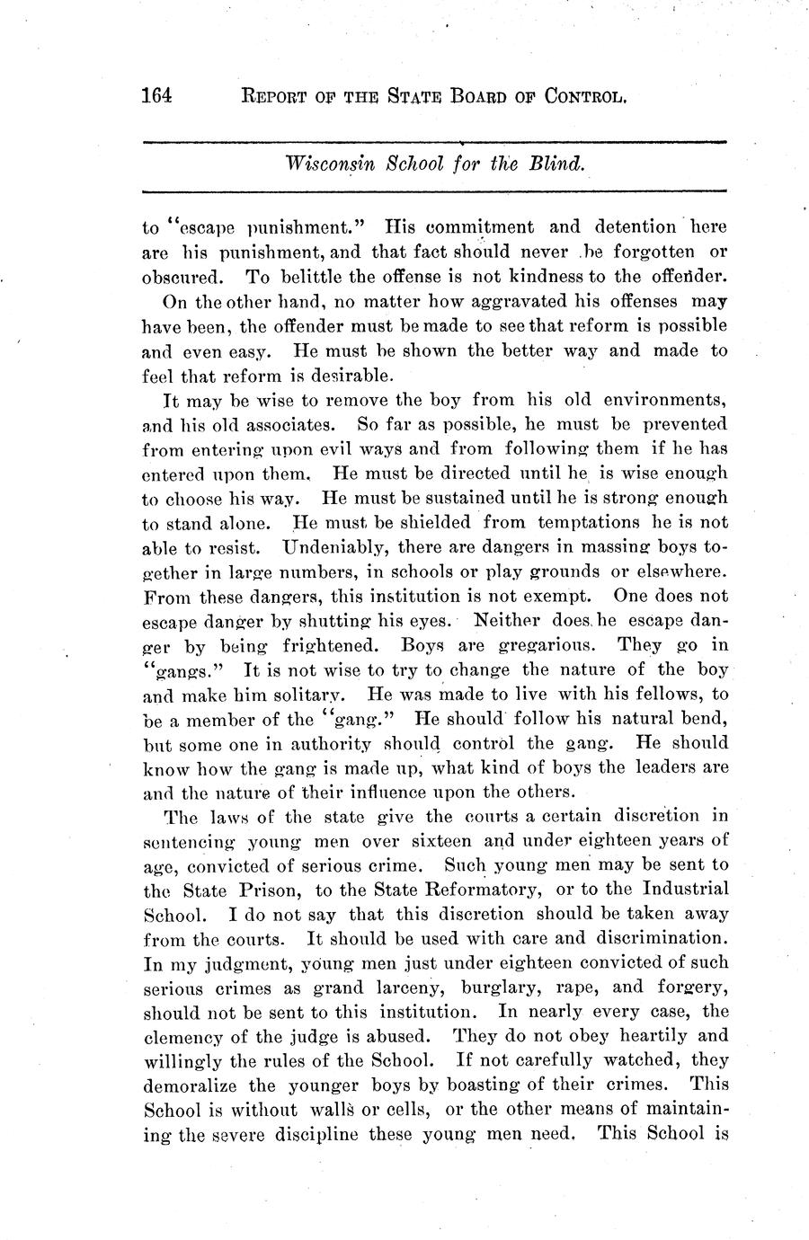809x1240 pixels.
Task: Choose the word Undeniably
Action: pyautogui.click(x=335, y=546)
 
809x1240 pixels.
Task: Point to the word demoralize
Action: pyautogui.click(x=191, y=1085)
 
